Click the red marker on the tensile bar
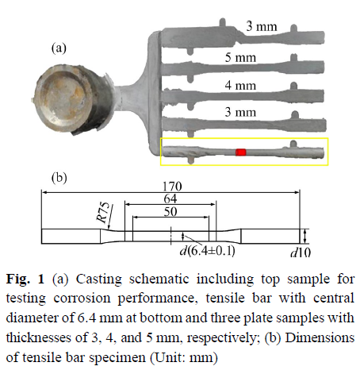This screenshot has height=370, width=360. point(241,152)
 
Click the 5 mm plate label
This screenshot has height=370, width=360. point(240,57)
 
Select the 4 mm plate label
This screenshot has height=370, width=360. point(240,85)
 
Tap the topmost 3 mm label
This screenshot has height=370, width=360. point(262,26)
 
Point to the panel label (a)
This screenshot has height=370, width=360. point(59,48)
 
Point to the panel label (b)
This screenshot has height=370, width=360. point(59,178)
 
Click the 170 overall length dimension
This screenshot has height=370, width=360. point(172,186)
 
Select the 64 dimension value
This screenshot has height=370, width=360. point(170,198)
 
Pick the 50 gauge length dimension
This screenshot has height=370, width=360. point(170,211)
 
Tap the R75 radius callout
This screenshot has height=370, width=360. point(103,212)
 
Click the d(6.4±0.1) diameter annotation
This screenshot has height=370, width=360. point(207,250)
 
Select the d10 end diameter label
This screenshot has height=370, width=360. point(301,252)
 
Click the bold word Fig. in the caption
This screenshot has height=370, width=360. point(18,279)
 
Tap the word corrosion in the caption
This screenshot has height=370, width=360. point(82,299)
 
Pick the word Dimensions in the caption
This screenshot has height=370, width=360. point(320,337)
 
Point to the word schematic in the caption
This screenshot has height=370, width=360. point(159,279)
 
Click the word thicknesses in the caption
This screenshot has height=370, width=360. point(39,337)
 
